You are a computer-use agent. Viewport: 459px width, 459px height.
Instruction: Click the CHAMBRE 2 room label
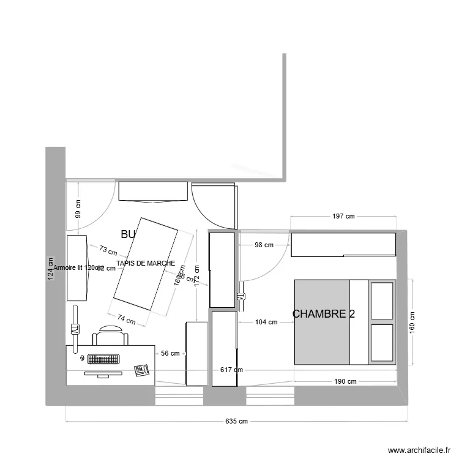point(324,314)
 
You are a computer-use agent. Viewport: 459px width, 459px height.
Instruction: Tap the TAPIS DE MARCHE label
point(146,263)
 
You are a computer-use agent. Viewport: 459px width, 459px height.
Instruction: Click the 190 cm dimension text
point(345,381)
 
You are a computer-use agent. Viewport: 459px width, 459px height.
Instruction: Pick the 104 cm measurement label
point(265,322)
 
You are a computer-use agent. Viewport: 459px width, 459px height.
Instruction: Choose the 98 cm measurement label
point(264,245)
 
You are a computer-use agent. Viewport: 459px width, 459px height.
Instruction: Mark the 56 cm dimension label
point(170,353)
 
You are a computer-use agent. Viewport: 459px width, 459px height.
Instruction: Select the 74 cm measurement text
point(126,318)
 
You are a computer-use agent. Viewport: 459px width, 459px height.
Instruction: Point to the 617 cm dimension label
point(231,370)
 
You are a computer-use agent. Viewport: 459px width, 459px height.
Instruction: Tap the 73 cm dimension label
point(108,250)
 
